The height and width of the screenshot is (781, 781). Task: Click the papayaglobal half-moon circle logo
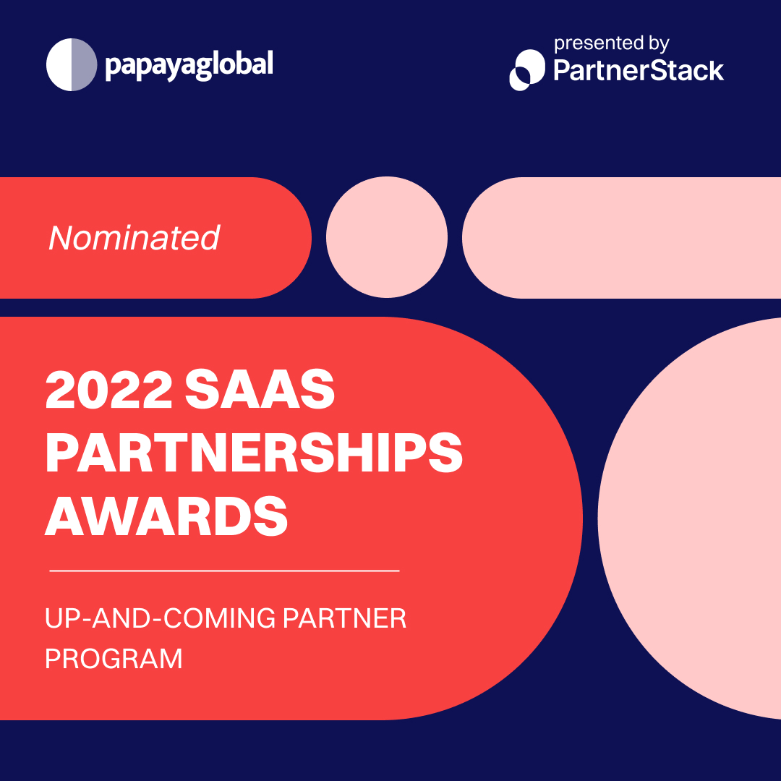72,65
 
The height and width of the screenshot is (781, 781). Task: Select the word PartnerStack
639,70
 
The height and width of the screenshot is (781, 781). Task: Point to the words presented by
611,44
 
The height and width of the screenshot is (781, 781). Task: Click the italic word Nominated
134,238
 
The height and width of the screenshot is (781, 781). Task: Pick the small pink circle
387,237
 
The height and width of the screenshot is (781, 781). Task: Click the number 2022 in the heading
108,391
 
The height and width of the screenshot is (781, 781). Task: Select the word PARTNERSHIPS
254,453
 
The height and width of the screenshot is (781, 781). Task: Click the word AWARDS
167,515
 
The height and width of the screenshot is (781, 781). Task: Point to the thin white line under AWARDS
224,571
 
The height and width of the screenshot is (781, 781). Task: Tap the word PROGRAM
114,659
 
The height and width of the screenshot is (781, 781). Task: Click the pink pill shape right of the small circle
622,237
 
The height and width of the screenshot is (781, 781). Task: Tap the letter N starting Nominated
60,238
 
